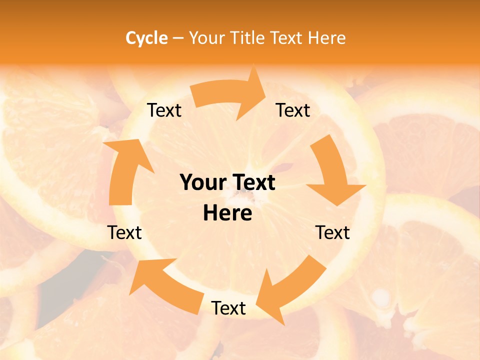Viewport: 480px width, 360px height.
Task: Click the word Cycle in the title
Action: pos(146,38)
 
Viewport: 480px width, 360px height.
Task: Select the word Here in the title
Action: pos(327,38)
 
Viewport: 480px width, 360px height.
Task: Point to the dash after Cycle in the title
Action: pos(178,38)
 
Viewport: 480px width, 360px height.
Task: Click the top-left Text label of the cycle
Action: pos(164,110)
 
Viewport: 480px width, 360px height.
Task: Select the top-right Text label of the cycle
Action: pos(293,110)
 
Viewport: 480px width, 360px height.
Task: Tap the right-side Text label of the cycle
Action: pos(333,232)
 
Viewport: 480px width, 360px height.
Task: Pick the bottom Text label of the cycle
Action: pos(228,308)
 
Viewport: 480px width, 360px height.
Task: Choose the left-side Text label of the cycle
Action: pos(124,232)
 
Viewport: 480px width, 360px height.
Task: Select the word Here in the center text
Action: pos(227,213)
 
